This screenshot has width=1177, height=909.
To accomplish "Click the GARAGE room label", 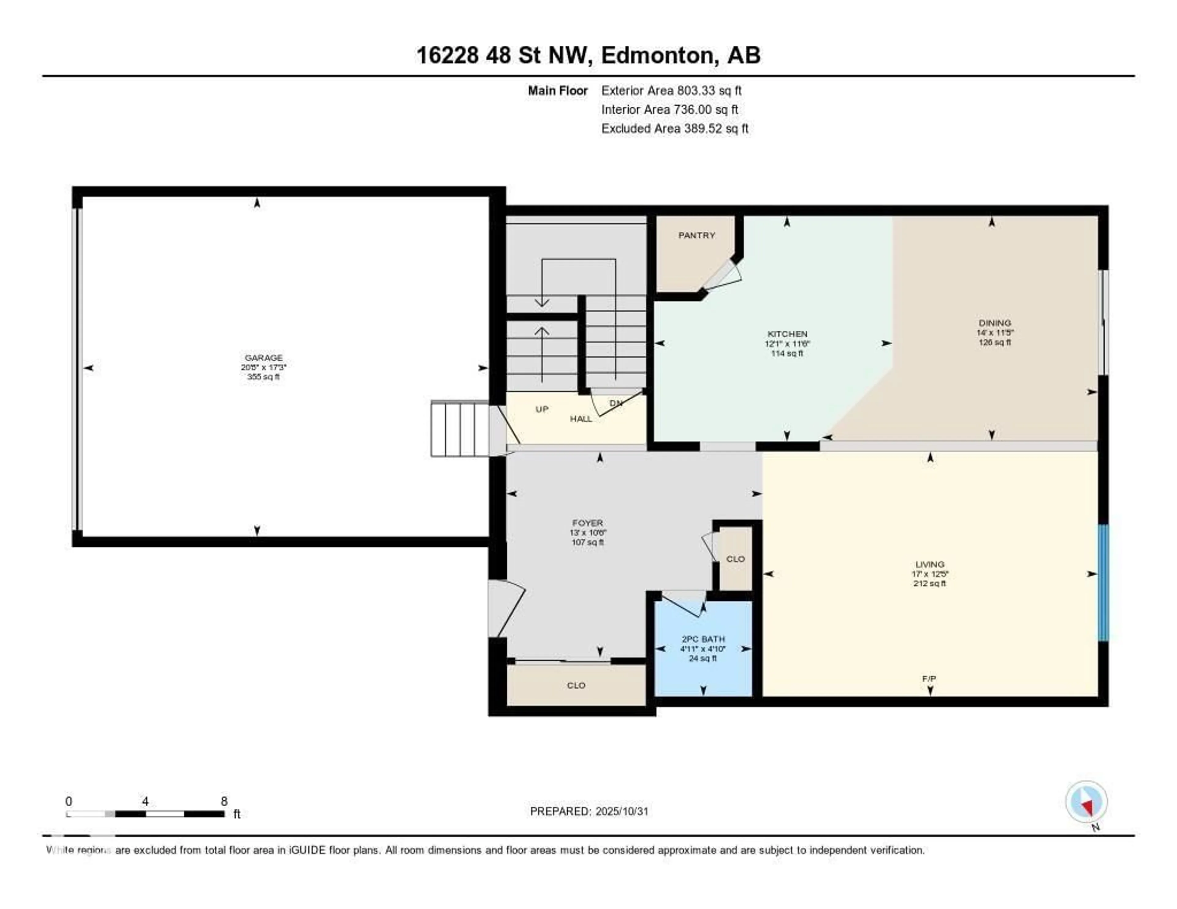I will coord(264,358).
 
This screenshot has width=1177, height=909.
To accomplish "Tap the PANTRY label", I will coord(696,235).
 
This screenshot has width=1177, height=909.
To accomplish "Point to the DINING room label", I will coord(995,323).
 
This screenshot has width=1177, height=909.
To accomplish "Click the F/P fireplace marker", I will coord(928,679).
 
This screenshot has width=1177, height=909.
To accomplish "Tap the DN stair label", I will coord(615,403).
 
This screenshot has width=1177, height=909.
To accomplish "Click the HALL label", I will coord(581,419).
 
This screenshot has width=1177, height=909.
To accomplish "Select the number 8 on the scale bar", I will coord(224,801).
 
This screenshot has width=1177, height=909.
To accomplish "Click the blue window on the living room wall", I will coord(1103,583).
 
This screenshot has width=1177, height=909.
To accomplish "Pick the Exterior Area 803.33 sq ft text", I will coord(672,90).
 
